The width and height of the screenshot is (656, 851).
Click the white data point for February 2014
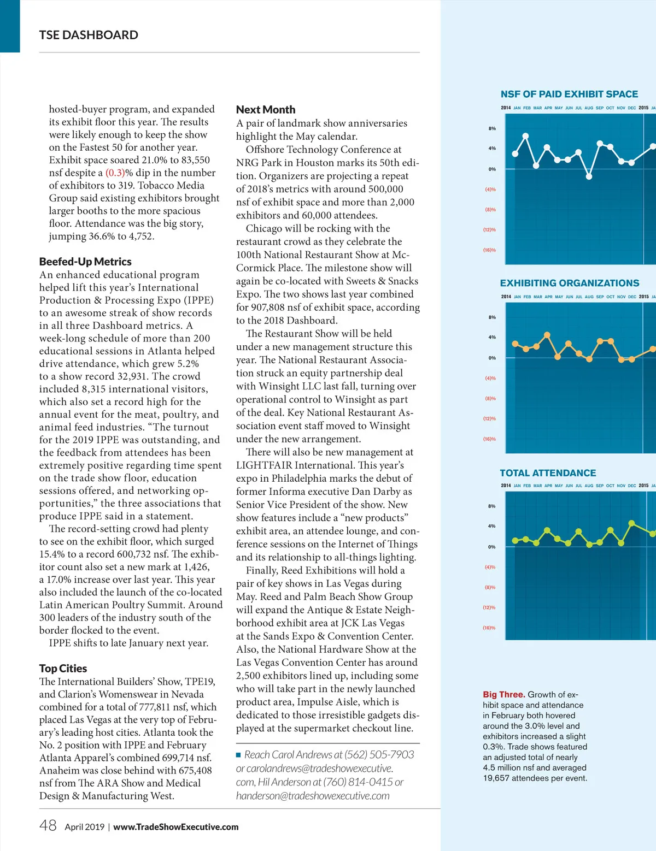pos(526,136)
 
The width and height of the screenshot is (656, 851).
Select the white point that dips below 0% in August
pos(589,176)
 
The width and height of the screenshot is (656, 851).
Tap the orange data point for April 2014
pos(547,335)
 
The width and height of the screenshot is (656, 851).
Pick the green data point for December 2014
pos(631,523)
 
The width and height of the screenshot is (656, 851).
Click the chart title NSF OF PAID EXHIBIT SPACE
pos(569,94)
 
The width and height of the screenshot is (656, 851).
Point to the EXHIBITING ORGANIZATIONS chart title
pos(569,283)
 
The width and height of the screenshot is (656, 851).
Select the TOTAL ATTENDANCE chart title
pos(548,473)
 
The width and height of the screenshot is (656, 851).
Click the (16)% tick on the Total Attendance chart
pos(489,628)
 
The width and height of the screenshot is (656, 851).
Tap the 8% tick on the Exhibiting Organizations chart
pos(492,317)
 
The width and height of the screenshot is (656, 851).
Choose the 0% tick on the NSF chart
pos(492,169)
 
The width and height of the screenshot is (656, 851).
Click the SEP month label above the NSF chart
pos(600,108)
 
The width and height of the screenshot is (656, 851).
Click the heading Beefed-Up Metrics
pos(85,262)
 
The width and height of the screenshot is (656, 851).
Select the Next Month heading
pos(266,110)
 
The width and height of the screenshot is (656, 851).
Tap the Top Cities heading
pos(63,669)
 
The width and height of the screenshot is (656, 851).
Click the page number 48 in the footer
pos(48,825)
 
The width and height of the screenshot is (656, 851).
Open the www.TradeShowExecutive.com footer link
pos(175,827)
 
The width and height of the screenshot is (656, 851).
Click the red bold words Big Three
pos(503,694)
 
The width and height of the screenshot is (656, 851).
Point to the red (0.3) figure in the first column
pos(115,173)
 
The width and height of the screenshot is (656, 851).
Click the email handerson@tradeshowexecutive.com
pos(313,796)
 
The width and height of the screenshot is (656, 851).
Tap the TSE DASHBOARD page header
pos(89,35)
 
